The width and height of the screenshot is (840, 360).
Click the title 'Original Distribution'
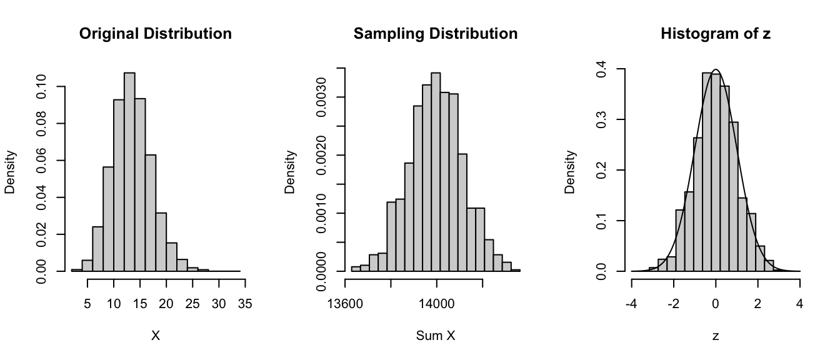pyautogui.click(x=156, y=34)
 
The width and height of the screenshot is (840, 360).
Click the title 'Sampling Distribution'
pyautogui.click(x=436, y=34)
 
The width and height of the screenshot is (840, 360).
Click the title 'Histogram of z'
pyautogui.click(x=716, y=34)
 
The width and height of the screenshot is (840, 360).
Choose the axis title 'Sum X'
pyautogui.click(x=436, y=336)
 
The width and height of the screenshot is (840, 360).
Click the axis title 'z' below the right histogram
pyautogui.click(x=716, y=336)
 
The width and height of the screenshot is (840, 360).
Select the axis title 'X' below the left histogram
pyautogui.click(x=156, y=336)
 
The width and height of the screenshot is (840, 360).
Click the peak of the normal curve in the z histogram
pyautogui.click(x=716, y=69)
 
